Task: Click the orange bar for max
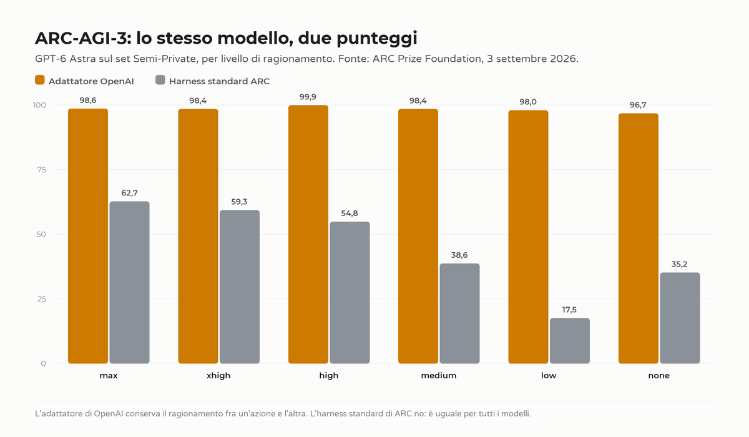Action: pos(88,236)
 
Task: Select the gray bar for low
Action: pos(570,341)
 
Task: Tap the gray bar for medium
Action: pos(459,313)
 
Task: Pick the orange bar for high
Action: pos(308,234)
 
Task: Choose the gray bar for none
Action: pos(680,318)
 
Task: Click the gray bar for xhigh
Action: pos(240,287)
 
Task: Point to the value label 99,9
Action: pos(308,97)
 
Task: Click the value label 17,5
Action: pos(569,310)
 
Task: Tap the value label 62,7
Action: pos(129,193)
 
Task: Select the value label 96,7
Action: pos(638,105)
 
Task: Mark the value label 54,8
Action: pos(350,214)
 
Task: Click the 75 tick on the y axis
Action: pos(41,170)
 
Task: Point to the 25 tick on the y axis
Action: pos(41,299)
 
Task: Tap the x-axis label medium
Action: pos(439,375)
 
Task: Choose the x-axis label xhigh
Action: pos(218,375)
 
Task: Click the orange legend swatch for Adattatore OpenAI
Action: pos(40,80)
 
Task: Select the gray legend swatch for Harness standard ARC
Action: pos(160,80)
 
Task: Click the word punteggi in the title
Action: pos(377,38)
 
